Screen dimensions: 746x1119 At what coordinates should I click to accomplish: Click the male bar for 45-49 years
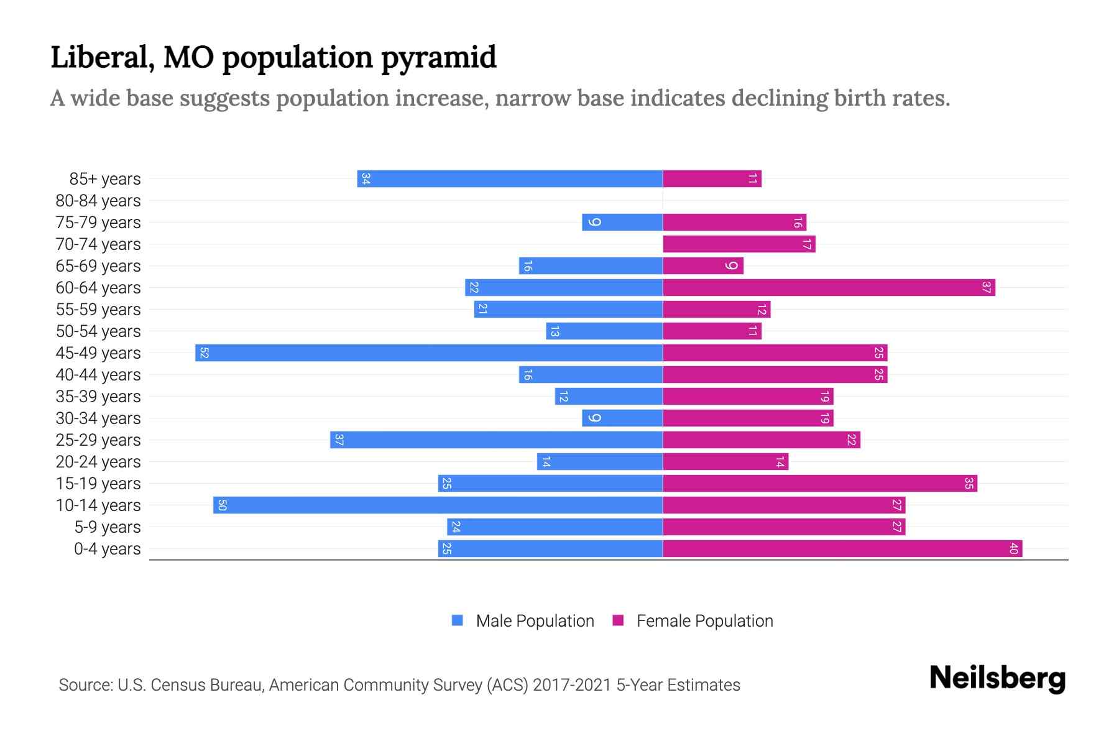(429, 352)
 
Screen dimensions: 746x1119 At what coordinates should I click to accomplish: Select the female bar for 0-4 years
(842, 548)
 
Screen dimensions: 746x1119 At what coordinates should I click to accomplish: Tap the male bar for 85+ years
(510, 179)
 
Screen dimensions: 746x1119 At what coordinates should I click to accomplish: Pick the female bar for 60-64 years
(829, 287)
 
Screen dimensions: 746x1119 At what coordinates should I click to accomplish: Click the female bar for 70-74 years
(739, 244)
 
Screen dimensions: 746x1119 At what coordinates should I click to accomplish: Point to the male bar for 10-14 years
(438, 505)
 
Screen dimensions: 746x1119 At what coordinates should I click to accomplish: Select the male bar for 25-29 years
(496, 440)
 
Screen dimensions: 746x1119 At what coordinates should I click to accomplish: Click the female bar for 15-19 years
(820, 483)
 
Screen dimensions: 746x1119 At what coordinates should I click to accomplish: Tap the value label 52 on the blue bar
(204, 353)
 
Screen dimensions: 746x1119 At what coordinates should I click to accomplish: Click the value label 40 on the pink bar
(1013, 548)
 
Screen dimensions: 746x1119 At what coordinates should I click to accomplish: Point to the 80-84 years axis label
(98, 201)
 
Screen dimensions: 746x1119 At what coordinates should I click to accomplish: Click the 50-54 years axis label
(98, 331)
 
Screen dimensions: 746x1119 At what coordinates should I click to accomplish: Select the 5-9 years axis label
(107, 527)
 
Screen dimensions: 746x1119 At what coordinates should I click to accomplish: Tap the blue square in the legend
(458, 620)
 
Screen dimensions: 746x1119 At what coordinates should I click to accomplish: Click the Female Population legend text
(704, 621)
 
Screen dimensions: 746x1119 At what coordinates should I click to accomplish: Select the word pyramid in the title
(438, 58)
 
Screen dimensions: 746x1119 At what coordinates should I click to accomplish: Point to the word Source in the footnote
(85, 685)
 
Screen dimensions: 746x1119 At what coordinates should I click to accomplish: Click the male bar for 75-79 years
(622, 223)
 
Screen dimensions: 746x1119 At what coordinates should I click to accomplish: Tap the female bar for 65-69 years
(702, 266)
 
